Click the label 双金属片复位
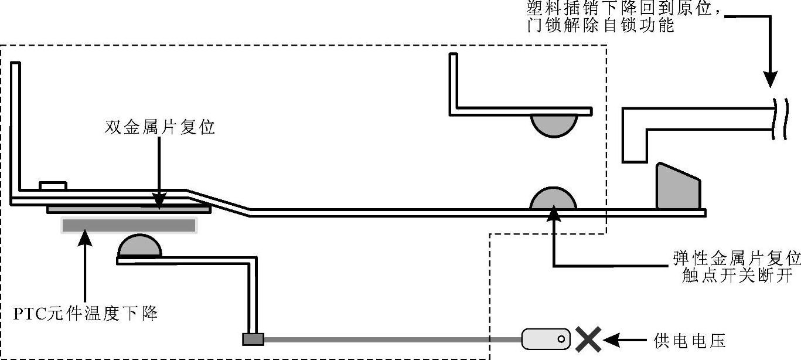pos(159,127)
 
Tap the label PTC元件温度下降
pos(86,314)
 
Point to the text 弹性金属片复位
pos(737,259)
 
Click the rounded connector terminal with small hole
pos(546,339)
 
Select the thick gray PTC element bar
pos(128,225)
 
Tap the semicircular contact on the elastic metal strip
pos(553,199)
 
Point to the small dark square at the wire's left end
pos(253,339)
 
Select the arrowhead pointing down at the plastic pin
pos(771,79)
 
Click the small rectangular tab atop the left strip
pos(53,186)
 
